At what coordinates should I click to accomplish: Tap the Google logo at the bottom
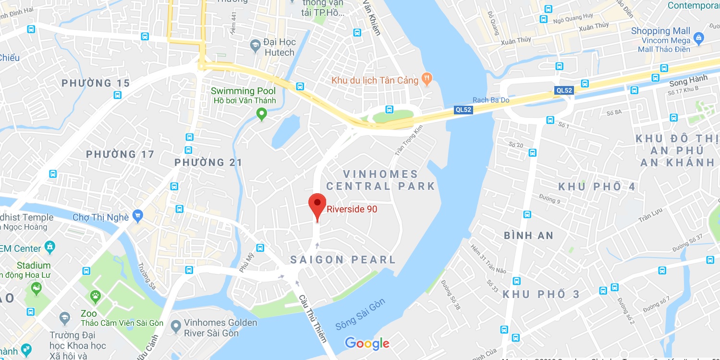(367, 343)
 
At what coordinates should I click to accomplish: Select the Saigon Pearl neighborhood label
(343, 260)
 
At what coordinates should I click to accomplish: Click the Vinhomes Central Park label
(380, 180)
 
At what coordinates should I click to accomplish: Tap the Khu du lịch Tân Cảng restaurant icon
(426, 78)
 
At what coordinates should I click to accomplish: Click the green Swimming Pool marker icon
(261, 114)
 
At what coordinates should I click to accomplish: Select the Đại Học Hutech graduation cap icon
(256, 47)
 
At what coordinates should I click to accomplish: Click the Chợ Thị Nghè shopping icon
(138, 215)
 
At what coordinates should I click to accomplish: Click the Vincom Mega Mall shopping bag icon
(699, 37)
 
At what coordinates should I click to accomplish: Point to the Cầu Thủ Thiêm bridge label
(312, 319)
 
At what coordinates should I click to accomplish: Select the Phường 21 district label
(208, 162)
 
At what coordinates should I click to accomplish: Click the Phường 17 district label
(120, 154)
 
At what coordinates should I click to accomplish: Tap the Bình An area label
(528, 236)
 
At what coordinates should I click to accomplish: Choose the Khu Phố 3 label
(541, 294)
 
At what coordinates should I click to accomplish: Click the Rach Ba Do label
(491, 100)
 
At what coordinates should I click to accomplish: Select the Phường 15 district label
(96, 83)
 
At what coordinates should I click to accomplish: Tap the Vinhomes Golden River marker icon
(176, 326)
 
